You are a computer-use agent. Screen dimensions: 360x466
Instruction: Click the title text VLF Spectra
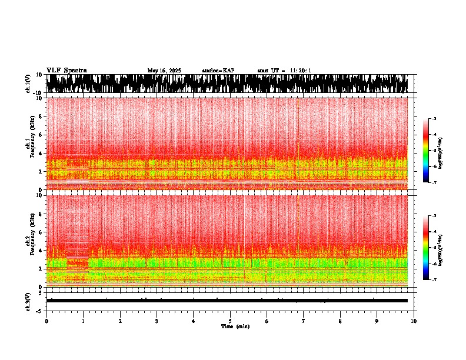pos(66,71)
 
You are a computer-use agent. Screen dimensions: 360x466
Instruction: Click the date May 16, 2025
pos(164,71)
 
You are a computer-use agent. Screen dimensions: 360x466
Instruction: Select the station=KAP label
pos(218,71)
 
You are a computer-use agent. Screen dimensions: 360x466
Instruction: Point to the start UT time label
pos(284,71)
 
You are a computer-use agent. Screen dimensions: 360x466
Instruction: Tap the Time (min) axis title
pos(235,326)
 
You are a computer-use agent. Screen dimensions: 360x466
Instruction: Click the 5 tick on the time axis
pos(230,321)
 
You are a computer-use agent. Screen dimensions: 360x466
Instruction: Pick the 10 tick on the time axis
pos(414,321)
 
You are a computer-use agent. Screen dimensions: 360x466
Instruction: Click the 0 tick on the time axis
pos(46,321)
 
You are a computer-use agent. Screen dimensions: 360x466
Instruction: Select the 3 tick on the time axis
pos(157,321)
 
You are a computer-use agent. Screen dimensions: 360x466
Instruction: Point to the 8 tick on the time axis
pos(340,321)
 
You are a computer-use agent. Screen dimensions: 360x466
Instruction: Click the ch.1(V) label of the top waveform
pos(28,83)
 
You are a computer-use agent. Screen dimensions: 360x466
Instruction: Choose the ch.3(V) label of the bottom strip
pos(28,301)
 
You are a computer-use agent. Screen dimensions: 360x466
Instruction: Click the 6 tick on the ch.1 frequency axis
pos(41,135)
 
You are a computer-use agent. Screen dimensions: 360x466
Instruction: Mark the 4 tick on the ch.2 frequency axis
pos(41,251)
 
